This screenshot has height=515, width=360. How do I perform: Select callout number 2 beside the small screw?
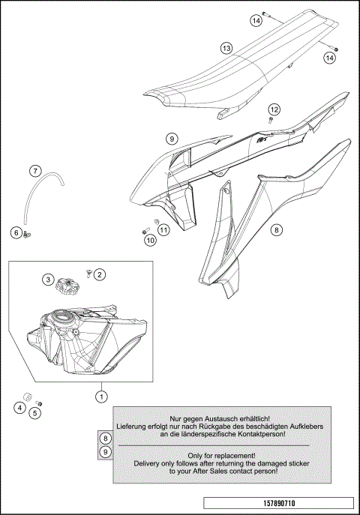(99, 275)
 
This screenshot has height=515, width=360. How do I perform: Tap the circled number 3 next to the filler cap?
(48, 280)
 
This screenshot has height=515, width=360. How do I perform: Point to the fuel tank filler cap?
(68, 285)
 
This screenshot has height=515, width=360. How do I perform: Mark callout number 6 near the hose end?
(16, 233)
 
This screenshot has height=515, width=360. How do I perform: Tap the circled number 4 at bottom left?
(19, 408)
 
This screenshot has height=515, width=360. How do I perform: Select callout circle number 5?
(34, 412)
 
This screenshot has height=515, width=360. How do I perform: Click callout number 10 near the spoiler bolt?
(150, 241)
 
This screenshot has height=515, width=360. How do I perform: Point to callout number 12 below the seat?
(274, 110)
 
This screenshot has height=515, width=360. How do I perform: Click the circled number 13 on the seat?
(226, 49)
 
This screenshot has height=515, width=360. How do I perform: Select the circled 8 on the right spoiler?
(277, 230)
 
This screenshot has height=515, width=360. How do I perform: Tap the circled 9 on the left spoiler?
(172, 139)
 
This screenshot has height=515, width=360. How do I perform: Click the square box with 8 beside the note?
(106, 438)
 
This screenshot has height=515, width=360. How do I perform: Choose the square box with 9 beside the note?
(106, 451)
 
